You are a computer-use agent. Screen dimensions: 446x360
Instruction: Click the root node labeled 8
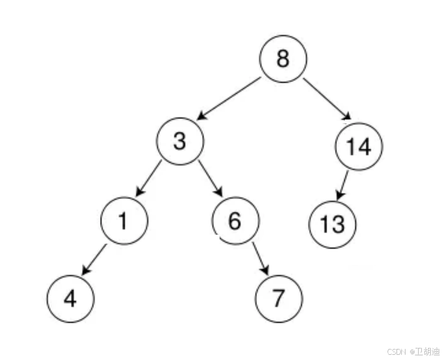(283, 59)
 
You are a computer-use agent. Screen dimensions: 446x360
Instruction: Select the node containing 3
(180, 141)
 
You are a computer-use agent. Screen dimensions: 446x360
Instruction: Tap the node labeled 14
(359, 147)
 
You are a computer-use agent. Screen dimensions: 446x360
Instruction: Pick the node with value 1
(124, 221)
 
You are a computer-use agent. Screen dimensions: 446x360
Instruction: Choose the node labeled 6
(235, 221)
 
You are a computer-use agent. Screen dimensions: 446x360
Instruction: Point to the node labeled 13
(332, 225)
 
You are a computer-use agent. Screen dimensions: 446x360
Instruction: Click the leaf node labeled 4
(70, 298)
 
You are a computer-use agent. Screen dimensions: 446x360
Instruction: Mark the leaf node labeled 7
(279, 298)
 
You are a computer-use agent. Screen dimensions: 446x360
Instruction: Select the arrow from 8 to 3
(229, 98)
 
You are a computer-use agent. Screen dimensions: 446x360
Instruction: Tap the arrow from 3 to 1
(148, 177)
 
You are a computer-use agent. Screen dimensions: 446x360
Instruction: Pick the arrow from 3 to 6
(211, 177)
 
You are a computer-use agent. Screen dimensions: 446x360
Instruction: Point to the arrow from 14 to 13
(343, 184)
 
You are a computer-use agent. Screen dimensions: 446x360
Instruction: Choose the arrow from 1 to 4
(94, 259)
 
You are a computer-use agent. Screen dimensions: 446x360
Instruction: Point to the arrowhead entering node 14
(346, 117)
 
